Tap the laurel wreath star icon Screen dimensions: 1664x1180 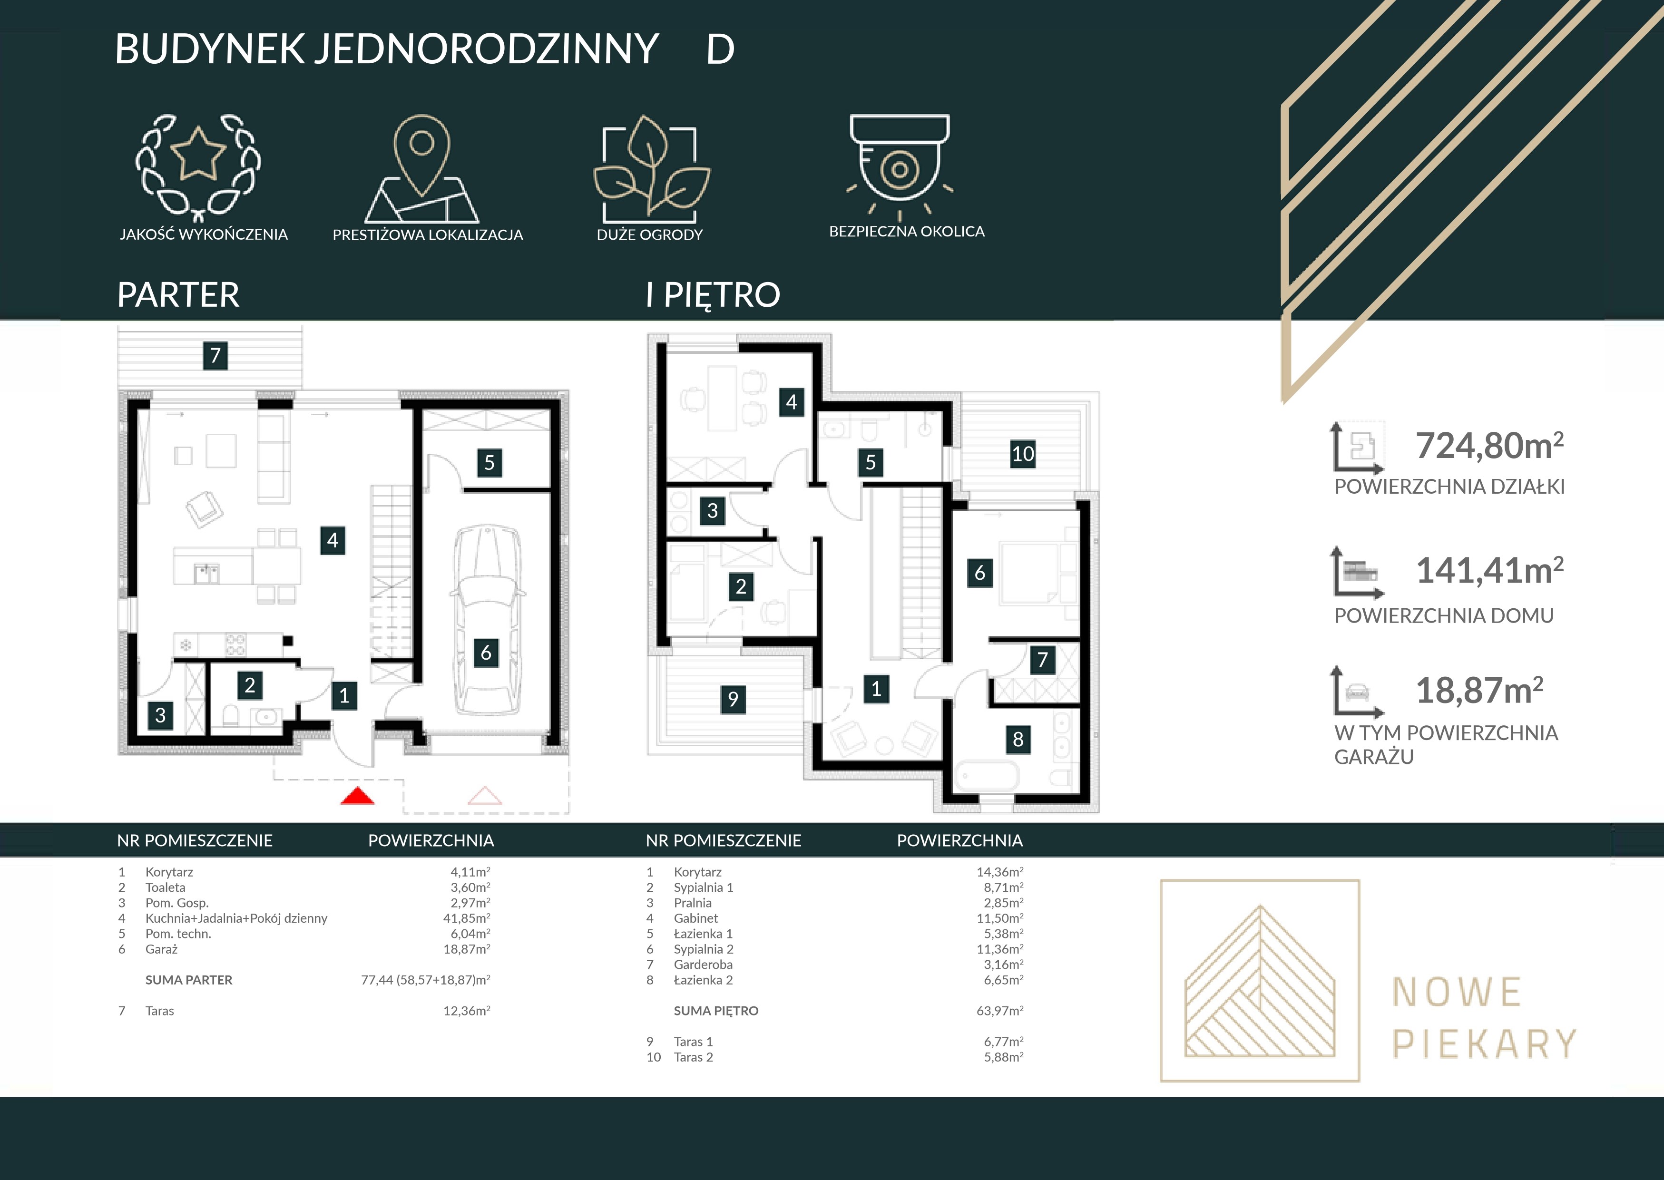tap(198, 167)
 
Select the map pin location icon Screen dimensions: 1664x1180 tap(421, 168)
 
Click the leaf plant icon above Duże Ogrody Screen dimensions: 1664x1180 tap(652, 168)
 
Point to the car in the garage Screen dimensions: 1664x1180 tap(486, 621)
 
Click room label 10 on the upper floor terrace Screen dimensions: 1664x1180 tap(1023, 454)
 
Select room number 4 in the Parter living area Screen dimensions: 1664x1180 tap(333, 540)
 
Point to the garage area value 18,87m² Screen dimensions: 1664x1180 tap(1479, 690)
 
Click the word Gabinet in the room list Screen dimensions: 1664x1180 tap(695, 918)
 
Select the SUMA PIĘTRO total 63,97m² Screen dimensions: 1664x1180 tap(1000, 1010)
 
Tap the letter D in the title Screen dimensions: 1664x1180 tap(720, 49)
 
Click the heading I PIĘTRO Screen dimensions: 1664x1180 tap(713, 295)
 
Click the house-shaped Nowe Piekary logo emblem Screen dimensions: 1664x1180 tap(1260, 981)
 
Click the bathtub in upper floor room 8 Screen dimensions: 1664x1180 tap(986, 777)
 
